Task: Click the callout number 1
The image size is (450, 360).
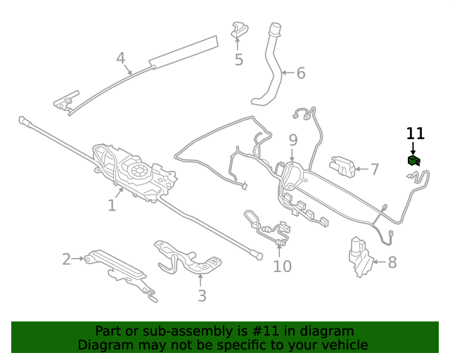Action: click(x=112, y=205)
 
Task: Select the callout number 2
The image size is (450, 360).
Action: click(x=67, y=259)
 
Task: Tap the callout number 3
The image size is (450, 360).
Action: click(x=202, y=295)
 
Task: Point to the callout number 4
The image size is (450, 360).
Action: click(x=121, y=58)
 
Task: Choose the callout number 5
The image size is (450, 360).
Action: click(x=239, y=60)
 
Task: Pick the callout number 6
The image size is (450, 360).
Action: click(x=301, y=72)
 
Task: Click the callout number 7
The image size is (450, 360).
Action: click(x=375, y=169)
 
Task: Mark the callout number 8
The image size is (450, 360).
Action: click(x=392, y=262)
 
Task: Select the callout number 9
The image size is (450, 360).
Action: click(x=293, y=140)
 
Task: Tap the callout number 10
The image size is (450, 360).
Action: click(x=282, y=266)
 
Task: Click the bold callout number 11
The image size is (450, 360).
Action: click(x=416, y=133)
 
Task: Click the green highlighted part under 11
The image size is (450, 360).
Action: click(x=413, y=161)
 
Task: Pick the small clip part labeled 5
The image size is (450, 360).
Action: click(x=239, y=30)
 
